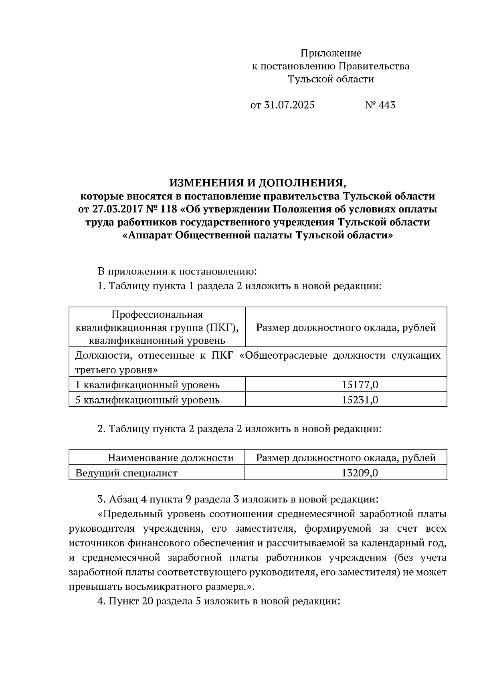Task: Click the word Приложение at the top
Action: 331,53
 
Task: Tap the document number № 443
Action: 380,105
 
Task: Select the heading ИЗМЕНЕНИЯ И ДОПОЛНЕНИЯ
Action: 257,183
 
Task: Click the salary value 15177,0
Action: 360,385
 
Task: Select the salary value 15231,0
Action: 360,400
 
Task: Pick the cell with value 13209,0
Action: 360,473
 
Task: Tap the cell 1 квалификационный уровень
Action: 148,385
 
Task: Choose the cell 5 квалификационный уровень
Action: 148,400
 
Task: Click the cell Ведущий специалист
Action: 126,473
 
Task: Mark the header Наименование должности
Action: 171,458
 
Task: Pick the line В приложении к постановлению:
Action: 177,272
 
